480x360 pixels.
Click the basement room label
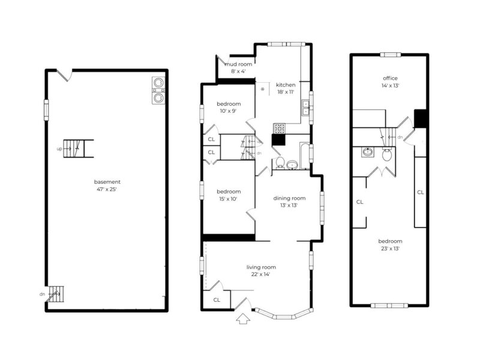pos(107,182)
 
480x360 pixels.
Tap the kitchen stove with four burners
pos(279,128)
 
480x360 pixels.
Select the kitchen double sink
pos(305,107)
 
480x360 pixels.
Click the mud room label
pos(238,64)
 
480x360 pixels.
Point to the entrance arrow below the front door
pos(243,319)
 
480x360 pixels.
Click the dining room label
pos(289,198)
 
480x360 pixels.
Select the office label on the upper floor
pos(390,78)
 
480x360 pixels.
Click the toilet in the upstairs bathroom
pos(387,155)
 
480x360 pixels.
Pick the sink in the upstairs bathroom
pos(367,152)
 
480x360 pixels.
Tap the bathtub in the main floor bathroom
pos(305,155)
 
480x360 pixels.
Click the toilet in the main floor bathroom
pos(280,163)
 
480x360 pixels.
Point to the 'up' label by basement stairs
pos(59,149)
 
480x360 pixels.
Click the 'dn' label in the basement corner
pos(42,294)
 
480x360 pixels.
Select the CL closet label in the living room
pos(217,299)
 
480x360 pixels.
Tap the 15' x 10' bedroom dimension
pos(229,199)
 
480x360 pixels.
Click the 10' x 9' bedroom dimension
pos(229,111)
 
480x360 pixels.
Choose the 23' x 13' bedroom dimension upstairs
pos(390,248)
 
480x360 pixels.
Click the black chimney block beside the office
pos(421,118)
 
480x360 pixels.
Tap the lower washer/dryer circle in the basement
pos(158,98)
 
